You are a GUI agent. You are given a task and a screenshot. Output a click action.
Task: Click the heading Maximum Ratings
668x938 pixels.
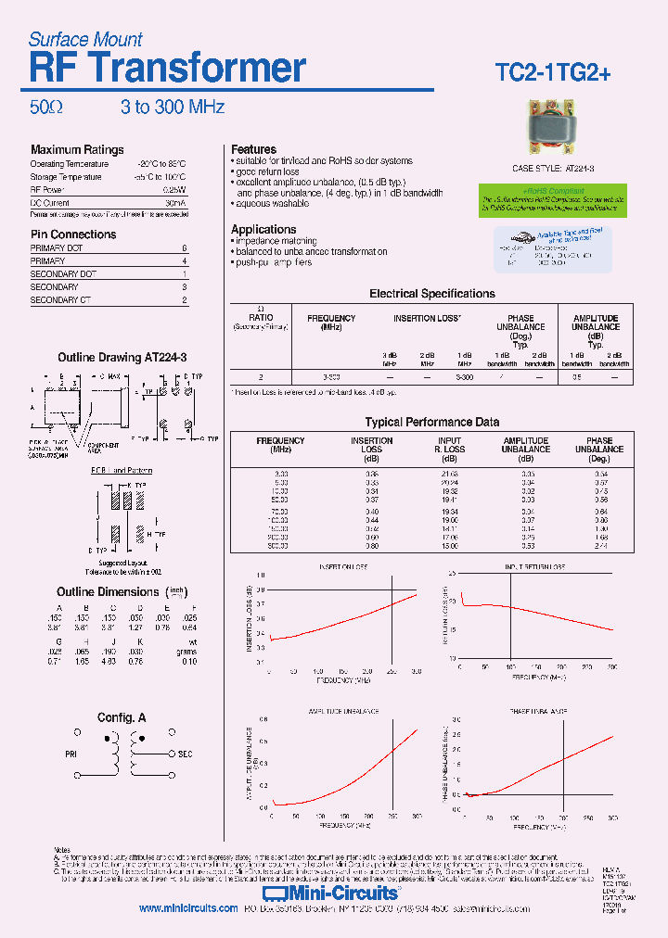click(77, 150)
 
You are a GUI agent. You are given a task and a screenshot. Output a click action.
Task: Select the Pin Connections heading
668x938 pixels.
click(73, 234)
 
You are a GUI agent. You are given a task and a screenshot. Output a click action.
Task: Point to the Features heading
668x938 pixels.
click(253, 149)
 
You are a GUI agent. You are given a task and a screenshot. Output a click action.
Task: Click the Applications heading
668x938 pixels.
click(263, 230)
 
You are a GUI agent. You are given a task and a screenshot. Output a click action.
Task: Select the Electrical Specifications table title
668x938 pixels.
click(432, 294)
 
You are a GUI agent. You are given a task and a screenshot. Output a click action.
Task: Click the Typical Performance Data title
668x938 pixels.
click(432, 422)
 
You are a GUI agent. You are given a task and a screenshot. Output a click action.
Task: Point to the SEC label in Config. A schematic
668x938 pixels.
click(186, 755)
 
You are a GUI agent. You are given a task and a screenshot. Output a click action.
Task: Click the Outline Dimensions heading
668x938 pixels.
click(108, 592)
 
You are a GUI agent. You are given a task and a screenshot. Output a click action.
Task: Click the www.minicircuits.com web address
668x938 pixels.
click(188, 909)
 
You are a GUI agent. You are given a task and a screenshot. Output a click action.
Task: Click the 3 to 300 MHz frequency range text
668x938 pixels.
click(173, 108)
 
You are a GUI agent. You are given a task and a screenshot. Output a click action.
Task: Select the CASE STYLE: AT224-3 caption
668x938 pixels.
click(554, 169)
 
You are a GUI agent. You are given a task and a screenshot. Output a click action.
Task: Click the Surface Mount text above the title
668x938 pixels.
click(85, 40)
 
